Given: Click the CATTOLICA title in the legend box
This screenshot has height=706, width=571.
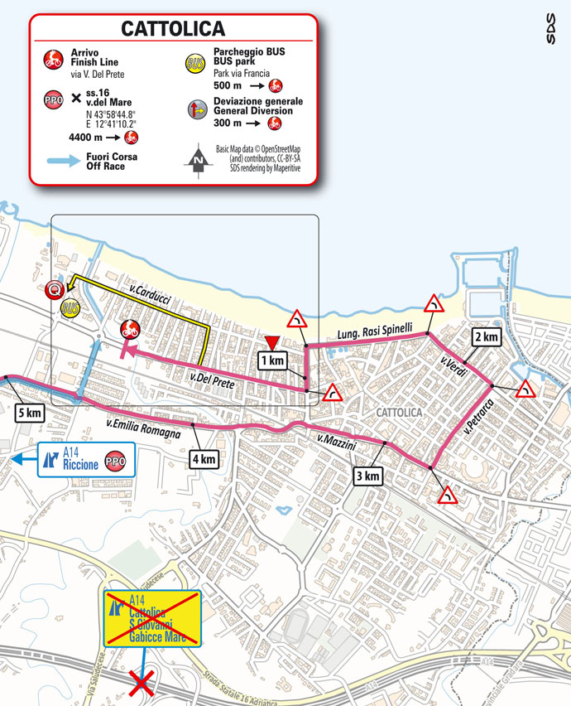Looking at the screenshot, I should [173, 28].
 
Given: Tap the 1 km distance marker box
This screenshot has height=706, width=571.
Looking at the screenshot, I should [271, 360].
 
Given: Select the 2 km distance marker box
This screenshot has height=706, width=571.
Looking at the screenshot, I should [487, 336].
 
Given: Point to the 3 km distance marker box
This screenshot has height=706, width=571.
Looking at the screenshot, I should [368, 476].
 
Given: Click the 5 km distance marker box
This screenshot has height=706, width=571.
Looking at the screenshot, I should [27, 413].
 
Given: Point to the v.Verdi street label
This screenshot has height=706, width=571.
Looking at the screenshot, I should [451, 364].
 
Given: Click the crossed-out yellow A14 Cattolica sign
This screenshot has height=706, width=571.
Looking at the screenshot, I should [151, 618].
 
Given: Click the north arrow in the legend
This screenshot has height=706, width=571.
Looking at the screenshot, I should [199, 161].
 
